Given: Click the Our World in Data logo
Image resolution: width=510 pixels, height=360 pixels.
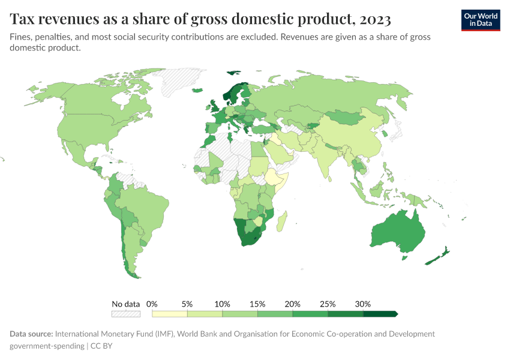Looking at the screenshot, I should (x=480, y=20).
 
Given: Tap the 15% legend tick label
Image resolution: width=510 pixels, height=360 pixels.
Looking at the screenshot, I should (x=257, y=304).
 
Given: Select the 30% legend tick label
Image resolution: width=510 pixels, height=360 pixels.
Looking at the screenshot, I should (x=363, y=304).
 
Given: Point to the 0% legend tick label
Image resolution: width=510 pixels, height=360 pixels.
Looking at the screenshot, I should (x=152, y=304).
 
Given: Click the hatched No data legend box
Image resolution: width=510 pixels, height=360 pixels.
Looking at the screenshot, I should (x=125, y=313).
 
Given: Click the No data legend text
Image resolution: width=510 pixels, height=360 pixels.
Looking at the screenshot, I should (x=125, y=304).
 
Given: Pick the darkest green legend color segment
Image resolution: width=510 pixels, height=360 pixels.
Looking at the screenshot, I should (x=380, y=313).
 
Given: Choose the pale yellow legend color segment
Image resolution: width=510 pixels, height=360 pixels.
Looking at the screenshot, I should (x=170, y=313).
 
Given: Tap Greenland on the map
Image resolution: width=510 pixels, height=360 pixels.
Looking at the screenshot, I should (x=183, y=81).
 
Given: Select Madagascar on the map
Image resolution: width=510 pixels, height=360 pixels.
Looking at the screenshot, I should (x=282, y=220).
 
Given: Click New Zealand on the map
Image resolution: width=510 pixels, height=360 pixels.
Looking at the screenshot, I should (x=436, y=257).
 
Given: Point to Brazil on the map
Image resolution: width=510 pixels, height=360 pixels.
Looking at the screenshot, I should (x=144, y=204).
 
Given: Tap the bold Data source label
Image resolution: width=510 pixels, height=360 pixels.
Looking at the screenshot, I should (x=31, y=334).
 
